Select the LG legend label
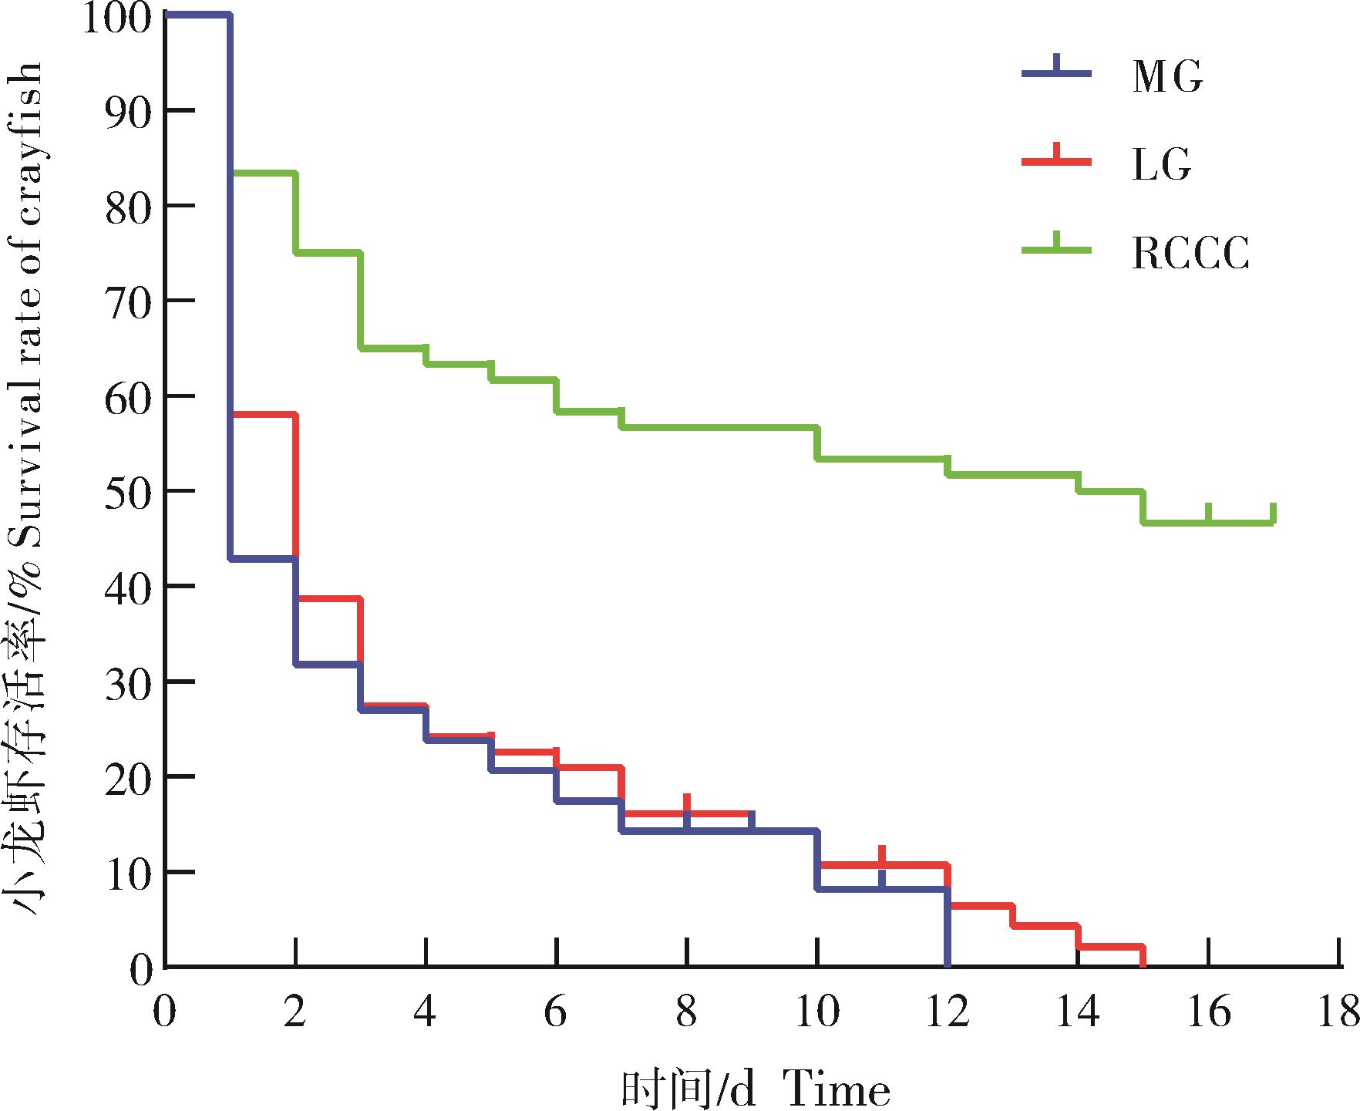pos(1162,163)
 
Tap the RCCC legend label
pos(1190,252)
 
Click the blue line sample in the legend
pos(1057,72)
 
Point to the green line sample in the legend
pos(1057,248)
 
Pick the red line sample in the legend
pos(1057,160)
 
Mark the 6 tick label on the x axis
pos(556,1012)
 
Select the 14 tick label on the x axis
pos(1077,1012)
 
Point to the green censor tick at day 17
pos(1274,513)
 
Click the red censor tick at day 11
pos(881,855)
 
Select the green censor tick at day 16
pos(1208,513)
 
